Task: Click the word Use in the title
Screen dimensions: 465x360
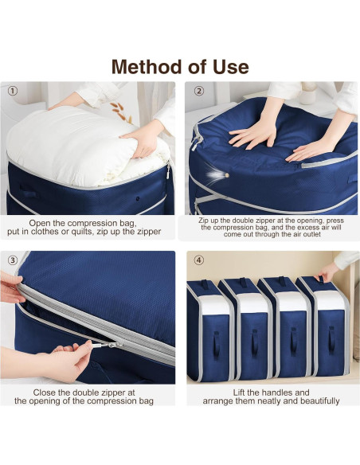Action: coord(231,66)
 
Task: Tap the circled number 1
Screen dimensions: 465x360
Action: coord(13,91)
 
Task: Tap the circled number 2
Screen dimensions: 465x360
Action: coord(198,91)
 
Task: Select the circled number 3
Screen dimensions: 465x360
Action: coord(13,260)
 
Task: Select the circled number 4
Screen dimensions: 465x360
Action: coord(198,260)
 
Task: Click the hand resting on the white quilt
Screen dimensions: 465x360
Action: coord(143,142)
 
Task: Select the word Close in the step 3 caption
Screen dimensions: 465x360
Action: coord(52,393)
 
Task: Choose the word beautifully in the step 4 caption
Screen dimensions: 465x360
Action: coord(311,401)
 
